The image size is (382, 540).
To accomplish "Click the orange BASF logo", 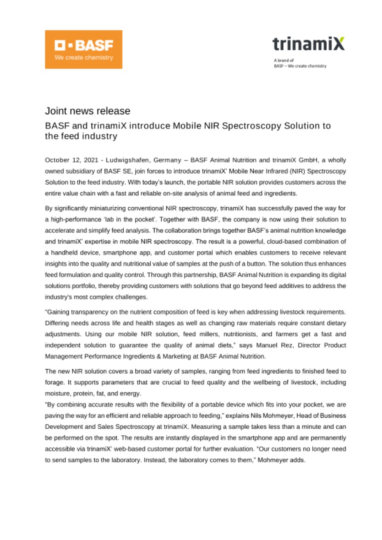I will pyautogui.click(x=84, y=49).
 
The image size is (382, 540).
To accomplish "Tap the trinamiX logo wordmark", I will pyautogui.click(x=308, y=43).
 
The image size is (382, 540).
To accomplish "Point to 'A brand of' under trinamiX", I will pyautogui.click(x=281, y=60).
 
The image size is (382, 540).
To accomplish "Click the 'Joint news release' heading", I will pyautogui.click(x=87, y=111).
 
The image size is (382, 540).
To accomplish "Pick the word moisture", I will pyautogui.click(x=58, y=392).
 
